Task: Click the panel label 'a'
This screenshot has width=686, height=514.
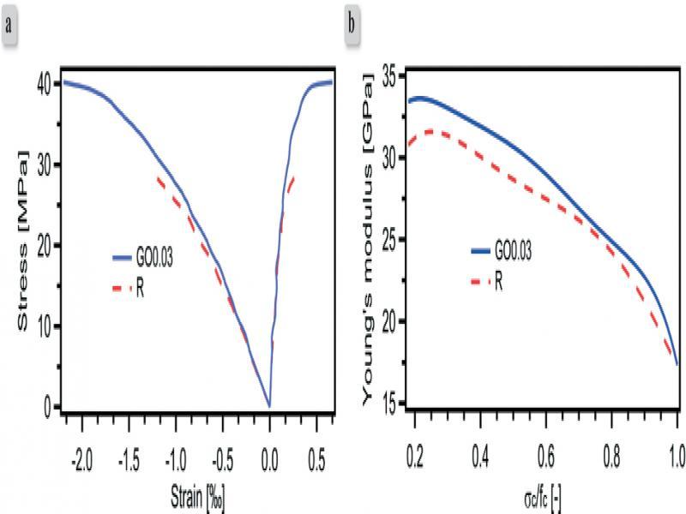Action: click(x=10, y=22)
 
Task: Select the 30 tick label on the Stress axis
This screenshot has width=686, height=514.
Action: click(x=41, y=164)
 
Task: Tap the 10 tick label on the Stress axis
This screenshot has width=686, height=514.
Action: click(x=41, y=326)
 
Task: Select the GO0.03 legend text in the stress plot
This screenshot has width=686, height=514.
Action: click(x=156, y=257)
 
